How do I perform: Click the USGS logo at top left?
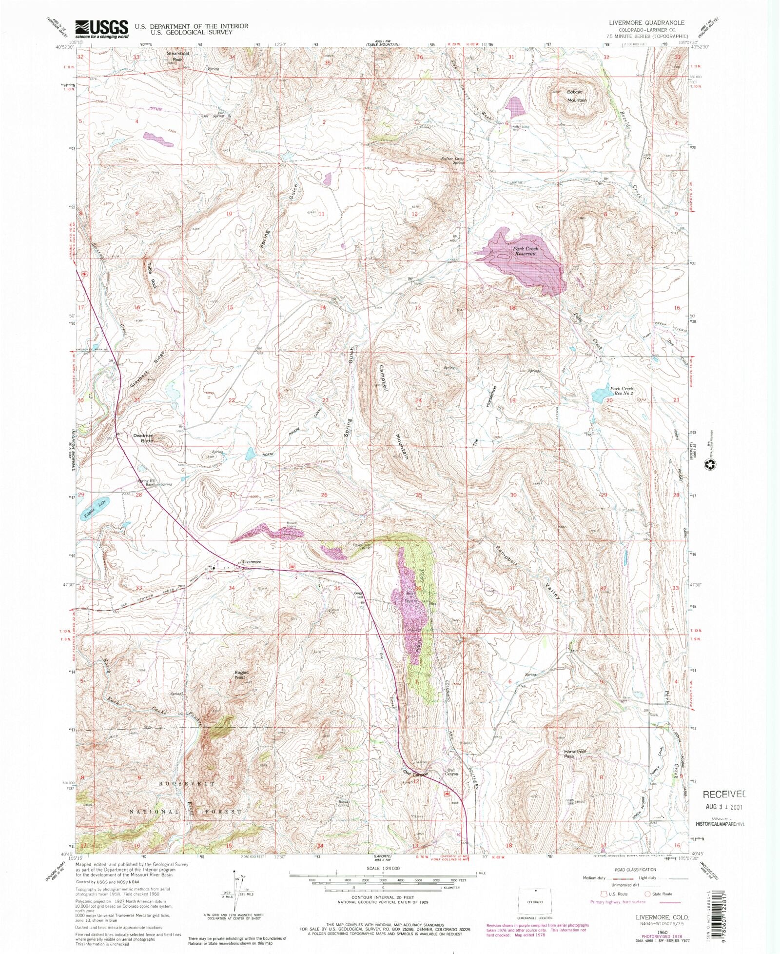[x=101, y=29]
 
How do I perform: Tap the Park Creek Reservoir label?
[x=526, y=251]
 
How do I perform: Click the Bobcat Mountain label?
[x=576, y=96]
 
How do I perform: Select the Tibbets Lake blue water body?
[x=96, y=509]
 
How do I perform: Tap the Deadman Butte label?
[x=144, y=437]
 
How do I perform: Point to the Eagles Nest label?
[x=241, y=675]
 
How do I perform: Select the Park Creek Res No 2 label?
[x=622, y=391]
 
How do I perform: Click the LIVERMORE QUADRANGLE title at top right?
[x=646, y=23]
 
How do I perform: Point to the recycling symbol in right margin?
[x=710, y=466]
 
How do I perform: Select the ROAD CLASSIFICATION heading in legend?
[x=635, y=870]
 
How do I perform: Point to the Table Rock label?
[x=151, y=276]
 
